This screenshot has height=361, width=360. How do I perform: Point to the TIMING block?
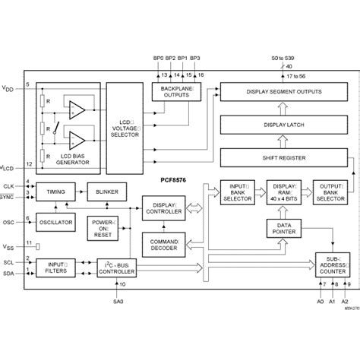point(55,193)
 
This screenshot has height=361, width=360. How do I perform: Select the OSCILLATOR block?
point(55,223)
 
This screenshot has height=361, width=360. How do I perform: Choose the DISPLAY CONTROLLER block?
point(163,207)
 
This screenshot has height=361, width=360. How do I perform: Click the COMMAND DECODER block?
point(163,245)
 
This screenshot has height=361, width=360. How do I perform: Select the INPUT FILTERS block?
point(55,268)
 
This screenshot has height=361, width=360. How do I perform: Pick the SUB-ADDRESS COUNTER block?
point(331,264)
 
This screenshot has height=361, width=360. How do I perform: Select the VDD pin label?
point(8,88)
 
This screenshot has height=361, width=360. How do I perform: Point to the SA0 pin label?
point(116,300)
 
